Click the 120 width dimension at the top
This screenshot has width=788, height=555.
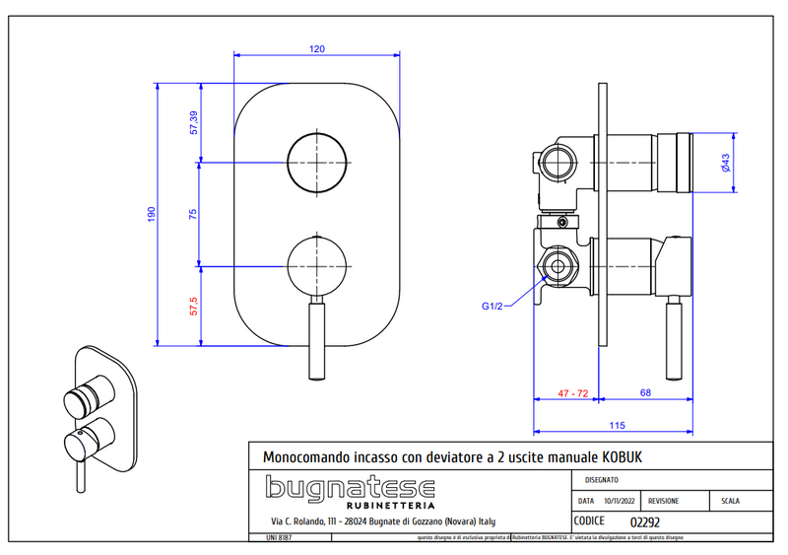click(316, 48)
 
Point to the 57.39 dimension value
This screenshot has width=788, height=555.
click(194, 123)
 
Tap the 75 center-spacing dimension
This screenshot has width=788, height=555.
click(194, 214)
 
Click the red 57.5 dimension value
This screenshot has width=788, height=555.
click(194, 307)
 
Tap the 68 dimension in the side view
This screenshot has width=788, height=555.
click(645, 393)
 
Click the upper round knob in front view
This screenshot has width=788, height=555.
click(316, 162)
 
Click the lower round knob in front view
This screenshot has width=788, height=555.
click(316, 266)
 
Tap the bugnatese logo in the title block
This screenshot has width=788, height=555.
click(351, 490)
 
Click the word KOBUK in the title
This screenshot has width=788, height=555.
click(626, 457)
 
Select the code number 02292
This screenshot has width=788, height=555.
click(646, 522)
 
